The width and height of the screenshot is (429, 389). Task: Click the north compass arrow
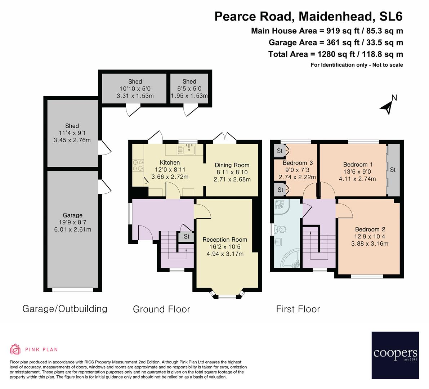387,107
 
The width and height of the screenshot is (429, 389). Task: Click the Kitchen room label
170,163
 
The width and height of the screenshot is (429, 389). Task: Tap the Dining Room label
232,165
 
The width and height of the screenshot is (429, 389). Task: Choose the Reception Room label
225,240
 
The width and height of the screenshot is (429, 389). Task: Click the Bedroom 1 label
356,165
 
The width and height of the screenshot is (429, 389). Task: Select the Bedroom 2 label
370,229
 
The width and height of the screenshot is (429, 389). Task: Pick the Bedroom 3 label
295,163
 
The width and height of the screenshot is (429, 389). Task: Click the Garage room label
73,215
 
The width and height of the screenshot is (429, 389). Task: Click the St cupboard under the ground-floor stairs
186,237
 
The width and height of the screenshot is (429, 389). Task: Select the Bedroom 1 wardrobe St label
393,170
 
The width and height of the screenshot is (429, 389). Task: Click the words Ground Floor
161,309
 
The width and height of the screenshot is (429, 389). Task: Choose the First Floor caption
298,309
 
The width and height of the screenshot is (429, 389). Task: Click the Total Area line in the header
335,54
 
